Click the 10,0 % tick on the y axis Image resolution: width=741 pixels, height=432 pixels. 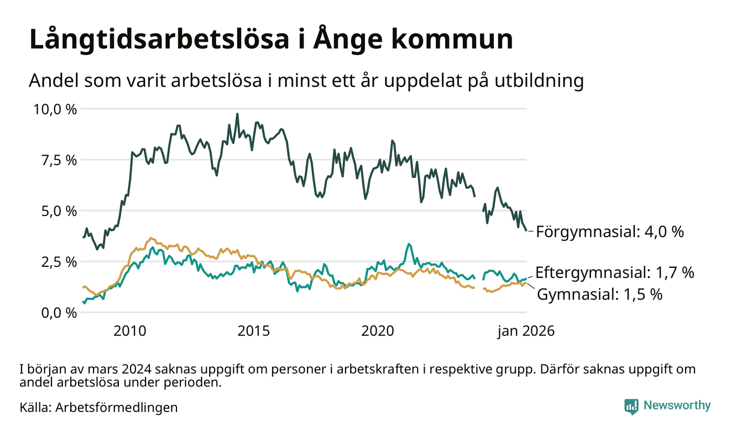55,109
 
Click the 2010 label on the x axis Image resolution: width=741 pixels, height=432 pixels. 131,331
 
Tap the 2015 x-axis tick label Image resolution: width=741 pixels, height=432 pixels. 254,331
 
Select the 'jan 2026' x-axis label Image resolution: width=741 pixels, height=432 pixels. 525,331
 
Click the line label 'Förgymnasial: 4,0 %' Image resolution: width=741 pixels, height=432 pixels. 610,232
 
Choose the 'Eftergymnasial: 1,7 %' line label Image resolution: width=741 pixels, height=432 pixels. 614,272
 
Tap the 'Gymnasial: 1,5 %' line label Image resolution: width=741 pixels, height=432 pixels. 599,294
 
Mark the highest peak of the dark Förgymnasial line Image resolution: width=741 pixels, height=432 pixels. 237,114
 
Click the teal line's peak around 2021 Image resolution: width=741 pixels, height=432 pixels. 408,244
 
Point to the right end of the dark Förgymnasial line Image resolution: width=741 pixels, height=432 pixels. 526,230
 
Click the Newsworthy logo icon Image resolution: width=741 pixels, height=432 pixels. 631,406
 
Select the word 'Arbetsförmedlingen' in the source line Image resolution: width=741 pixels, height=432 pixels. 117,408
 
